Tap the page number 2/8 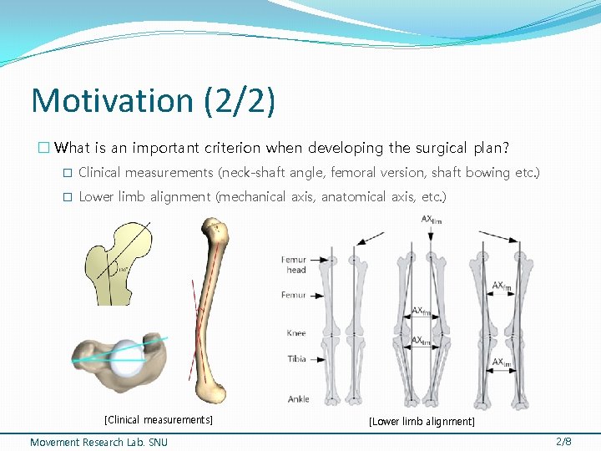click(x=563, y=441)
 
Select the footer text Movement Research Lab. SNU click(x=98, y=442)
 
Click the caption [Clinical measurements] click(x=158, y=420)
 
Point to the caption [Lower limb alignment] click(x=422, y=422)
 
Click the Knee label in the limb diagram click(x=296, y=333)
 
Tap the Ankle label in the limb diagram click(x=298, y=399)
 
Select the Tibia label click(x=296, y=359)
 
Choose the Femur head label click(x=294, y=265)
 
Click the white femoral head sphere click(x=126, y=357)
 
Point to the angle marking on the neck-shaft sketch click(x=121, y=269)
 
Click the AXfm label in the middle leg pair click(x=422, y=312)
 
